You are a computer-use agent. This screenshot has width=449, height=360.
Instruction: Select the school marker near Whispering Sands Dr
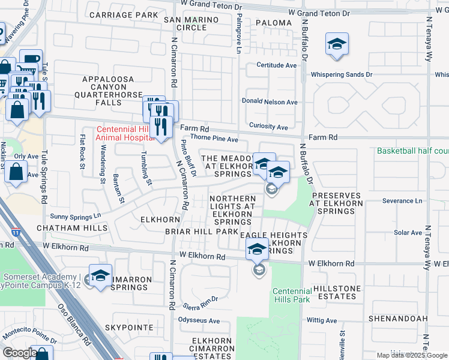click(x=337, y=45)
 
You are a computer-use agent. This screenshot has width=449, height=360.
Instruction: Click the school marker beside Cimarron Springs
click(x=101, y=276)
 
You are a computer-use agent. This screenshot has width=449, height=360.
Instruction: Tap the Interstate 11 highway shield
click(x=14, y=231)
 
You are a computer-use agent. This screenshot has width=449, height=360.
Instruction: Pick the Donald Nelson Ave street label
click(x=269, y=102)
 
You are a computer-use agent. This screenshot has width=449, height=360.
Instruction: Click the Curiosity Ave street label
click(x=268, y=127)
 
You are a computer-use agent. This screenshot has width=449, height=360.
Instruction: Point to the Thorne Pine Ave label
click(x=214, y=139)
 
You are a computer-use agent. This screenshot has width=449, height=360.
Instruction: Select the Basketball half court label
click(x=412, y=151)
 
